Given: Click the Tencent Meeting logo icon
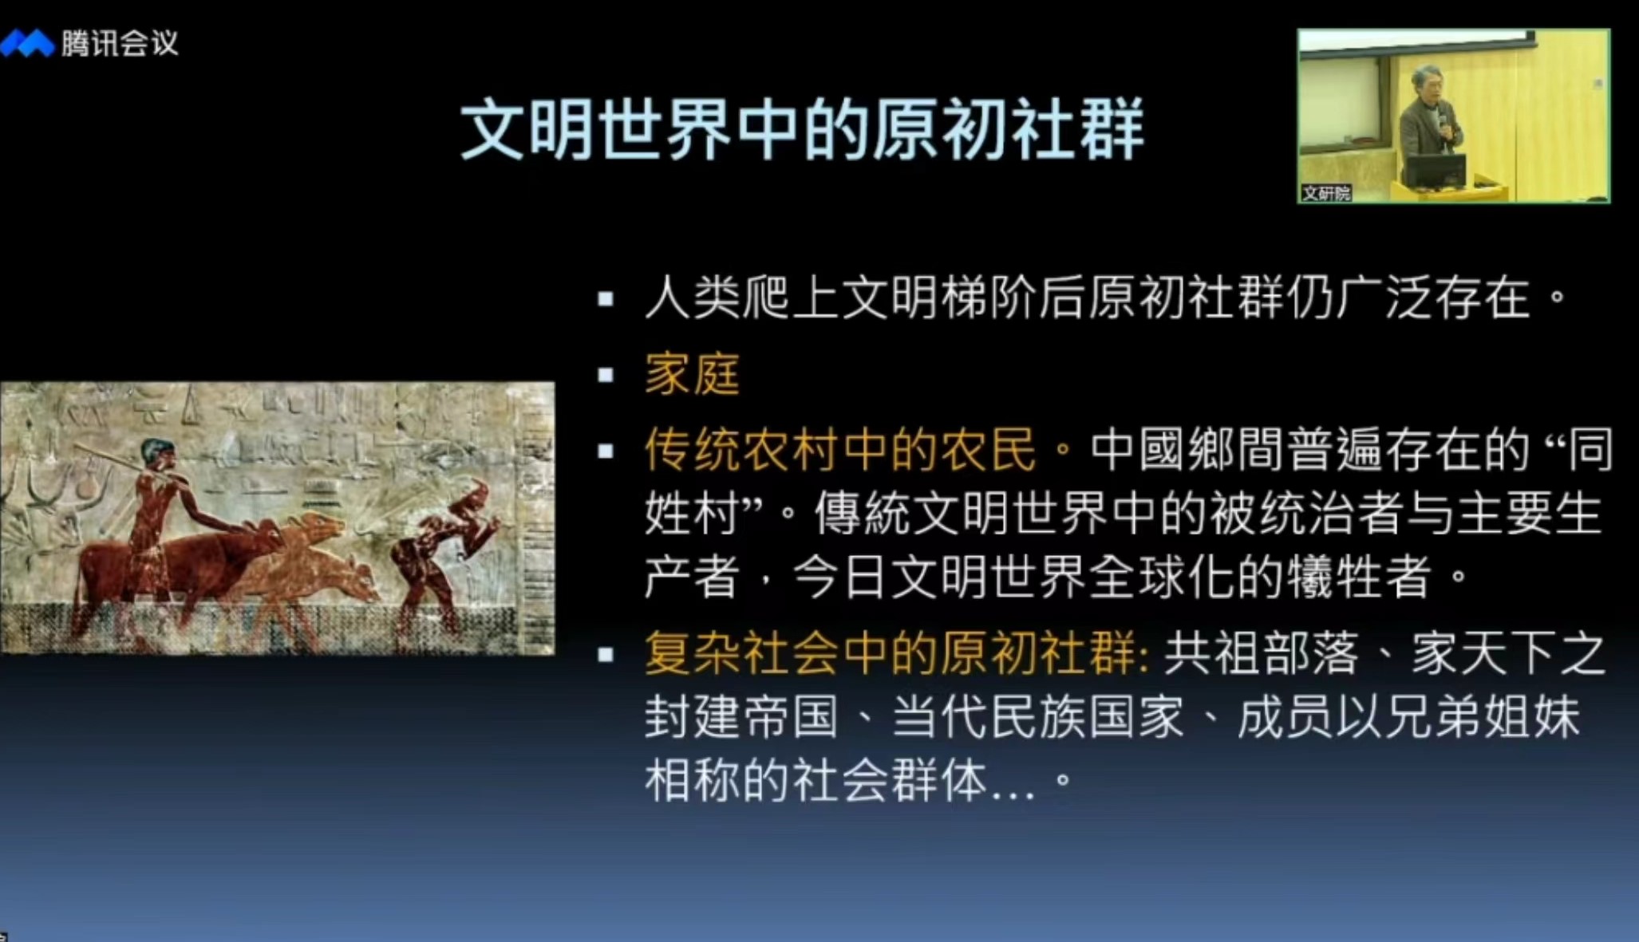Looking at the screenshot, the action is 27,43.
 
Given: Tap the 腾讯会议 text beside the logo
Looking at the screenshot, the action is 120,43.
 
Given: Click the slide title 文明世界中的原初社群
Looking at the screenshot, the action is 802,128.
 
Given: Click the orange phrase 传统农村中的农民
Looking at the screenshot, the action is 840,449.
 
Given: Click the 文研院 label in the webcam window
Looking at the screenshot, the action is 1326,193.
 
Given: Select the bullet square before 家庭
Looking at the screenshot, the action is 606,374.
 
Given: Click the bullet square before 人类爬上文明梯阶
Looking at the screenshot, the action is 606,299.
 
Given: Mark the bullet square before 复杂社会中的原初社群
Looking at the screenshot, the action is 606,655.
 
